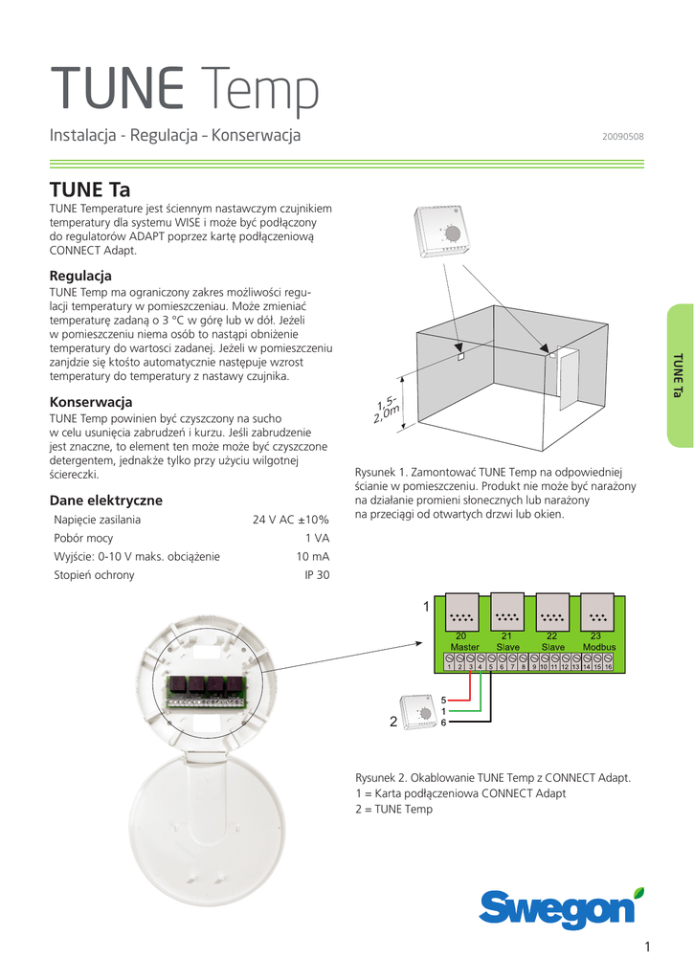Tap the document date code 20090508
coord(623,136)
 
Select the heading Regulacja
coord(80,276)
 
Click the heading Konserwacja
coord(91,402)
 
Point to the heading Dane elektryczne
coord(105,500)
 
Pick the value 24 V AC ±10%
coord(291,520)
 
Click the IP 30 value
coord(317,575)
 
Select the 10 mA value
coord(313,556)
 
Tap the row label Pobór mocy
coord(83,538)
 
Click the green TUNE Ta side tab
coord(680,375)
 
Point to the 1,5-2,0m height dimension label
coord(387,410)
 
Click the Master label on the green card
coord(464,648)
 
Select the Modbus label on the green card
coord(599,648)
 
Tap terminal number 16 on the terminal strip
coord(609,667)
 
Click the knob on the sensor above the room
coord(453,234)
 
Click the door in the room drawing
coord(569,379)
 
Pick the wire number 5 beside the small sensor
coord(443,701)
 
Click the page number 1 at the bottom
coord(647,947)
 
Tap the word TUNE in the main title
coord(117,87)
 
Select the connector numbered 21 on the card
coord(507,613)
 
